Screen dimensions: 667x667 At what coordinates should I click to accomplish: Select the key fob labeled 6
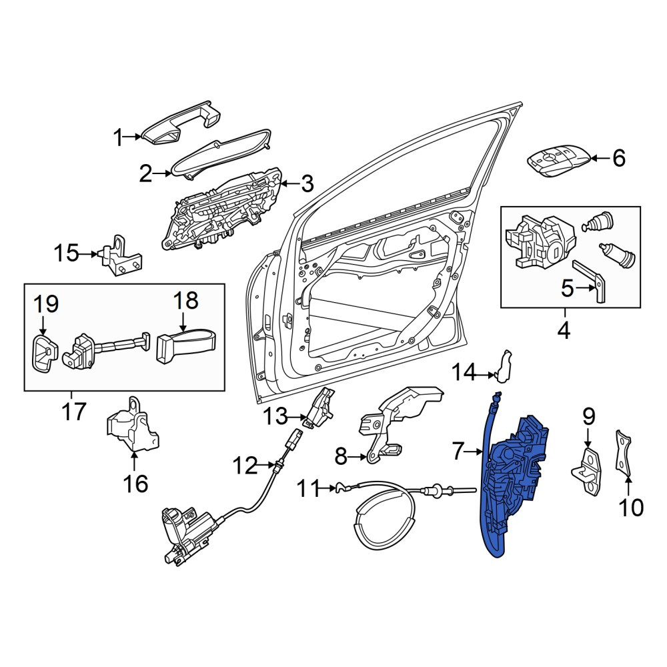coord(559,160)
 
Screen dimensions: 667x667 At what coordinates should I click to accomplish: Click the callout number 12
coord(245,466)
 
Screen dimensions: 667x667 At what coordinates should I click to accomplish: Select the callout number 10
coord(631,508)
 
